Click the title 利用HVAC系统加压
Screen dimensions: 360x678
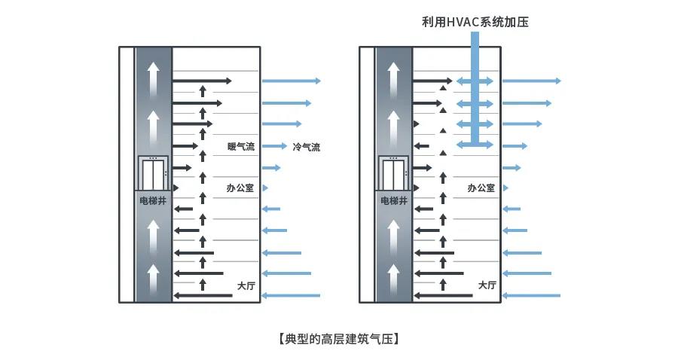pyautogui.click(x=475, y=22)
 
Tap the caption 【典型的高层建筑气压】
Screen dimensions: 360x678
pyautogui.click(x=338, y=338)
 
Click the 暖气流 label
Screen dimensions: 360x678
pyautogui.click(x=241, y=147)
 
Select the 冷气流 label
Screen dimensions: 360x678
pyautogui.click(x=307, y=147)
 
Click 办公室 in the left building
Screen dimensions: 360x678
pyautogui.click(x=240, y=188)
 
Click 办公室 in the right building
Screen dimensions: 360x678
pyautogui.click(x=481, y=188)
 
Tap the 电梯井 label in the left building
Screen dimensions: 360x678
pyautogui.click(x=153, y=201)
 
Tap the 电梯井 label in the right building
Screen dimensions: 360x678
pyautogui.click(x=394, y=201)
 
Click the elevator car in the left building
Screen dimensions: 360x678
pyautogui.click(x=153, y=174)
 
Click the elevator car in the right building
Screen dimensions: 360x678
pyautogui.click(x=394, y=174)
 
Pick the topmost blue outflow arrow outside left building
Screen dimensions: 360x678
pyautogui.click(x=291, y=81)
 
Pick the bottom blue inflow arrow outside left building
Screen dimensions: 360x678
pyautogui.click(x=290, y=295)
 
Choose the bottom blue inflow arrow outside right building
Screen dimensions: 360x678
pyautogui.click(x=531, y=295)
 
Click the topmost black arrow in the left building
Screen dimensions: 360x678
pyautogui.click(x=202, y=81)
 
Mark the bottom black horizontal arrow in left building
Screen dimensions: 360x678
pyautogui.click(x=203, y=295)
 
